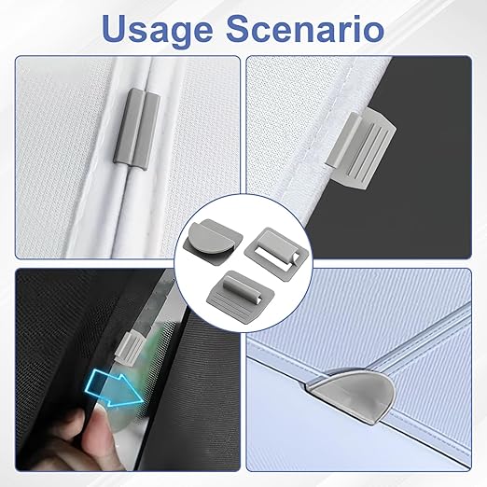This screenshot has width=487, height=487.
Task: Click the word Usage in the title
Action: [x=157, y=30]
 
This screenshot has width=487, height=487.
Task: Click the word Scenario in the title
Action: [x=305, y=28]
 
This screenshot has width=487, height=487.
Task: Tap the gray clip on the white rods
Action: [x=137, y=127]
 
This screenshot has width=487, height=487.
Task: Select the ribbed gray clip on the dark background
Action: [x=361, y=147]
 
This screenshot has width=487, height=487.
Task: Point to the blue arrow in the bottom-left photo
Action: [x=115, y=390]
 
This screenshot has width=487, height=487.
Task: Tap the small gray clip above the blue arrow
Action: [x=129, y=348]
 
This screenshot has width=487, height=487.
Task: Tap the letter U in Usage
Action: [x=116, y=28]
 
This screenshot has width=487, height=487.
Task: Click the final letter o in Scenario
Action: [x=374, y=32]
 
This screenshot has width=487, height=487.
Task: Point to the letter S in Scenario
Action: [x=238, y=28]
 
